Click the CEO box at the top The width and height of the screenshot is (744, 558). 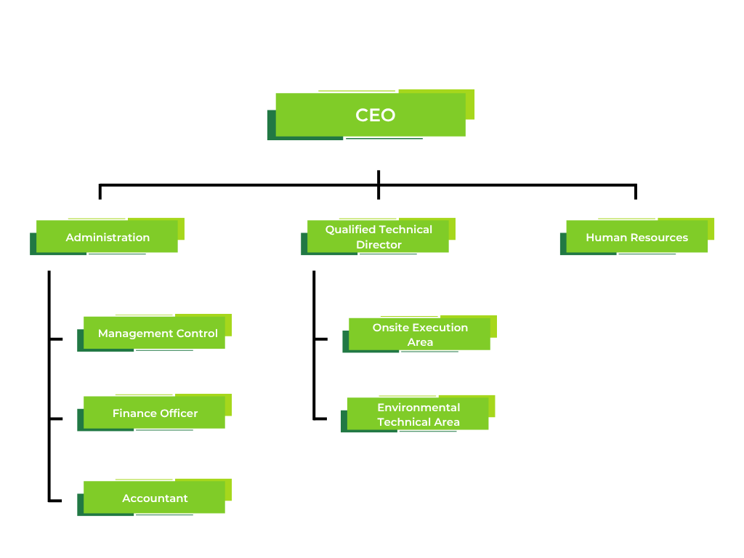point(371,115)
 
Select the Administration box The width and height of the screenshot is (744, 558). point(108,237)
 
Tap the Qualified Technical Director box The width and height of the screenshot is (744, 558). point(378,237)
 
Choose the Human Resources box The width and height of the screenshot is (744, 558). point(636,237)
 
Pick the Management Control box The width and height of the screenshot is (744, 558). point(154,333)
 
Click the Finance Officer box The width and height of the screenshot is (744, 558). point(154,413)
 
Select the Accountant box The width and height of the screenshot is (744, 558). point(154,498)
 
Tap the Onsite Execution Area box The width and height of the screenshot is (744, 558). point(419,334)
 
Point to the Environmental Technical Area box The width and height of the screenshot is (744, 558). point(418,414)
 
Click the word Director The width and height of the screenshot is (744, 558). point(379,245)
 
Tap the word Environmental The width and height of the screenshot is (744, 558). point(418,408)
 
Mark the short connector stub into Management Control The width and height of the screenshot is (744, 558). point(56,339)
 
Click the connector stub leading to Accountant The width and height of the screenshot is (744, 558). point(55,501)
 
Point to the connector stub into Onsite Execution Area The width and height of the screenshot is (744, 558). point(320,339)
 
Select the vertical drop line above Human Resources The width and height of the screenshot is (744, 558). point(635,192)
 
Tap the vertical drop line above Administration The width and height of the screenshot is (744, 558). point(100,192)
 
